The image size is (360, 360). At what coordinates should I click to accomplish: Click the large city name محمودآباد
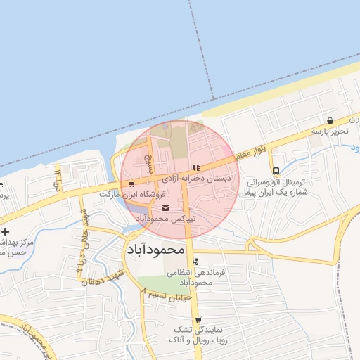click(155, 249)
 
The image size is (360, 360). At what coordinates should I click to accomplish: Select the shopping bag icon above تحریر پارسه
click(330, 120)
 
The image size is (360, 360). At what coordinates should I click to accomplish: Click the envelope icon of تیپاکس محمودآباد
click(165, 208)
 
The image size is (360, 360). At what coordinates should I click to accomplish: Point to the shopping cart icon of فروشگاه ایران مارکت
click(131, 184)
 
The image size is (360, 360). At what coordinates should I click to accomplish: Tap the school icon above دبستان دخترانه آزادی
click(195, 167)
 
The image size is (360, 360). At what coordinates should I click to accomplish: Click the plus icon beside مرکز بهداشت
click(6, 231)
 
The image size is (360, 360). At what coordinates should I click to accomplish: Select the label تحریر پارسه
click(331, 131)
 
